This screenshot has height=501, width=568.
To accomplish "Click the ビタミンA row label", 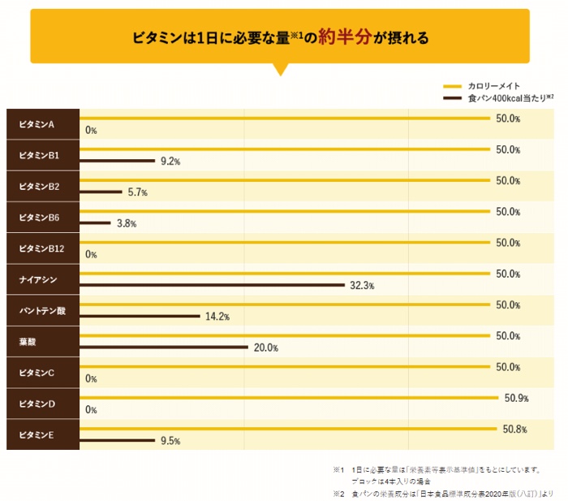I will tap(37, 124).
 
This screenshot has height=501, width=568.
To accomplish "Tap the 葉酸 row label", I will tap(28, 341).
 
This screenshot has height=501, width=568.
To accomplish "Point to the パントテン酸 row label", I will tap(41, 310).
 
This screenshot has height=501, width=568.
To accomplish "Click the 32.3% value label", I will tap(361, 286).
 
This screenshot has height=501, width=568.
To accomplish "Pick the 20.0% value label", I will tap(266, 348).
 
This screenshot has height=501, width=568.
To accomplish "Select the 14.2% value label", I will tap(217, 317).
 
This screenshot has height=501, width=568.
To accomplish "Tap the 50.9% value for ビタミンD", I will tap(516, 398).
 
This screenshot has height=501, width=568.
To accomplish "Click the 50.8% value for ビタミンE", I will tap(515, 429).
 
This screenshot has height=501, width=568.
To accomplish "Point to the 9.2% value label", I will tap(170, 162).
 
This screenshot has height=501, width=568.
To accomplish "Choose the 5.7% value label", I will tap(138, 192).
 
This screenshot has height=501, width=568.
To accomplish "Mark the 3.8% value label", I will tap(127, 223).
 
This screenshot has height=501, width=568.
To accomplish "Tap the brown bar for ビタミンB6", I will tap(95, 222).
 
